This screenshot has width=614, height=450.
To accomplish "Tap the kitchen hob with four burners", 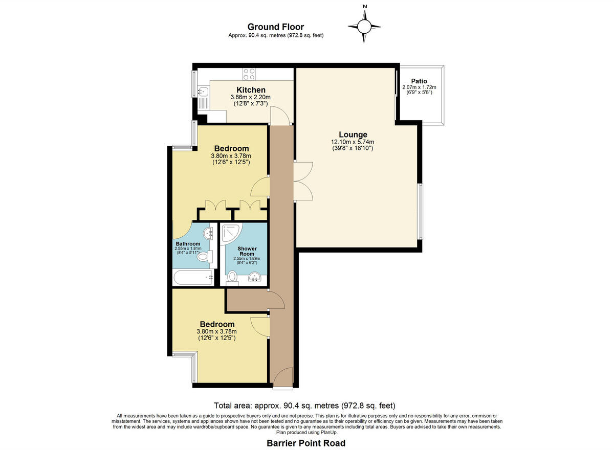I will pyautogui.click(x=249, y=74).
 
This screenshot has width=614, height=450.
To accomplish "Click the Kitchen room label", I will pyautogui.click(x=250, y=90).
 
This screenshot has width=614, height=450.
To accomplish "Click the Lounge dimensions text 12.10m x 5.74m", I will pyautogui.click(x=353, y=142).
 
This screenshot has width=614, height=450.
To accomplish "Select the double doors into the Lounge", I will pyautogui.click(x=302, y=181).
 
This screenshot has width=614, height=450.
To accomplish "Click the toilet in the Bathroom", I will pyautogui.click(x=203, y=256).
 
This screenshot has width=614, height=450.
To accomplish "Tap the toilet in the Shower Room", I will pyautogui.click(x=232, y=277).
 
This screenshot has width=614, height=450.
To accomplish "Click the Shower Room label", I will pyautogui.click(x=247, y=251).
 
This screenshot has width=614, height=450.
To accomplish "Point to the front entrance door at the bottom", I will pyautogui.click(x=282, y=378).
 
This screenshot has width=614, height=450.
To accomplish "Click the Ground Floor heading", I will pyautogui.click(x=275, y=27).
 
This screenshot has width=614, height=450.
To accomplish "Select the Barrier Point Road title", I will pyautogui.click(x=306, y=443).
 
